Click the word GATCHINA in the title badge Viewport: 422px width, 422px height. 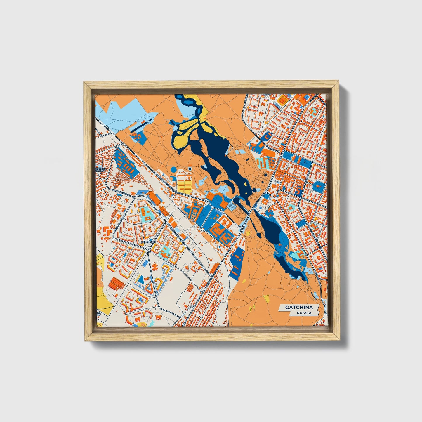[x=299, y=307]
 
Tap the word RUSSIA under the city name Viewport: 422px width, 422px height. [x=304, y=313]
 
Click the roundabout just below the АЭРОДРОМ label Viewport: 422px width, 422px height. [x=149, y=251]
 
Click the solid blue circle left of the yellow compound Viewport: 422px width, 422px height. [x=173, y=169]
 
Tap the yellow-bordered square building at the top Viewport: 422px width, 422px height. [x=282, y=100]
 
